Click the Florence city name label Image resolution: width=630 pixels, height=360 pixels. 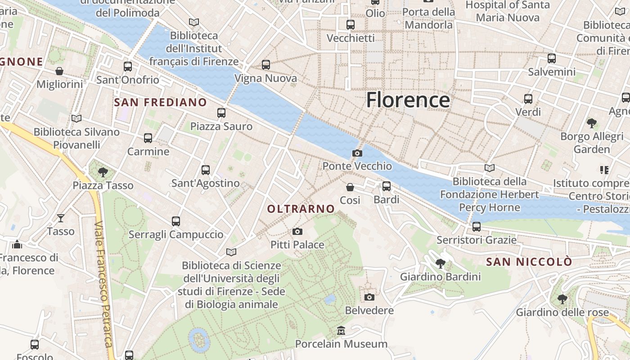408,99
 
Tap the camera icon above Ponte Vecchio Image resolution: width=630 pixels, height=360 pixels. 357,153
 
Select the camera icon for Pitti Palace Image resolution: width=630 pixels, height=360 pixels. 297,232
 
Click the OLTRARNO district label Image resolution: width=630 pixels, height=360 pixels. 301,209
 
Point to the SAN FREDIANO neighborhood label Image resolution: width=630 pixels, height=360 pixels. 160,102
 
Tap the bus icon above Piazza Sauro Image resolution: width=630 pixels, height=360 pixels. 221,113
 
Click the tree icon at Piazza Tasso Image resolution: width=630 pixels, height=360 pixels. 103,172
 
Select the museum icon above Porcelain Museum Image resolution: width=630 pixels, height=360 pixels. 341,331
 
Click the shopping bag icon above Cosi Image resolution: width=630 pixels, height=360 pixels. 350,187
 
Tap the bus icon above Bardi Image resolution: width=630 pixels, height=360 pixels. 386,186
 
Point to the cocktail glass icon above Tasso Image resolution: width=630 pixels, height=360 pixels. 61,218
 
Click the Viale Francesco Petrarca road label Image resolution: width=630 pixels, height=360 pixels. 103,283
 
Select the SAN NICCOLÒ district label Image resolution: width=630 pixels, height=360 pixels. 529,261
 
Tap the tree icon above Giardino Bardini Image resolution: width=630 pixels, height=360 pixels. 441,263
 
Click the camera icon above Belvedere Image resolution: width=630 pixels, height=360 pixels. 369,297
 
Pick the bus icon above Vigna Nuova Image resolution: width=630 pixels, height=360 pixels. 266,65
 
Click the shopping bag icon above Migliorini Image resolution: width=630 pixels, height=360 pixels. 59,71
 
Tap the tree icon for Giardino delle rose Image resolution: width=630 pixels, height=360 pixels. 562,299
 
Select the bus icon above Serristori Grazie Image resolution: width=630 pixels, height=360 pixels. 477,227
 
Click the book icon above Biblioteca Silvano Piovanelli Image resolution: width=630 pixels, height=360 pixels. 76,119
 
